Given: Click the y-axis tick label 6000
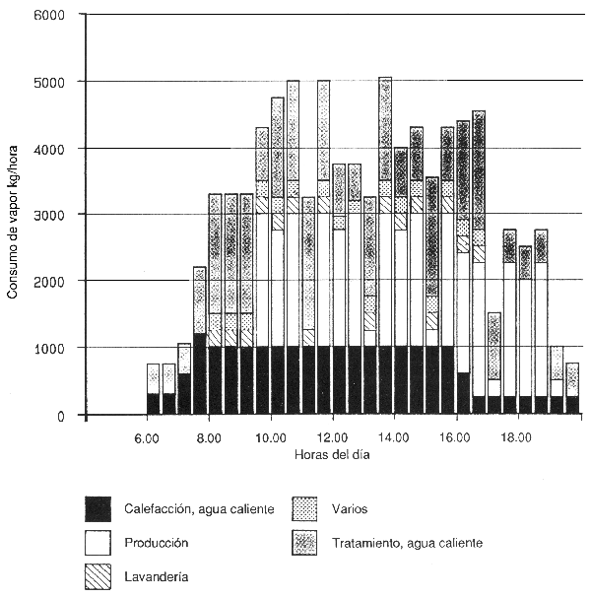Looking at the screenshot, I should (x=48, y=16).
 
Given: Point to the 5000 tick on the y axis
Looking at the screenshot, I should (x=48, y=82).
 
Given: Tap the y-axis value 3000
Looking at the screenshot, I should (x=48, y=215).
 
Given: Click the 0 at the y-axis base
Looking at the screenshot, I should (x=59, y=416).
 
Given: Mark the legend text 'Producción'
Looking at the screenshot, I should (x=156, y=543).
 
